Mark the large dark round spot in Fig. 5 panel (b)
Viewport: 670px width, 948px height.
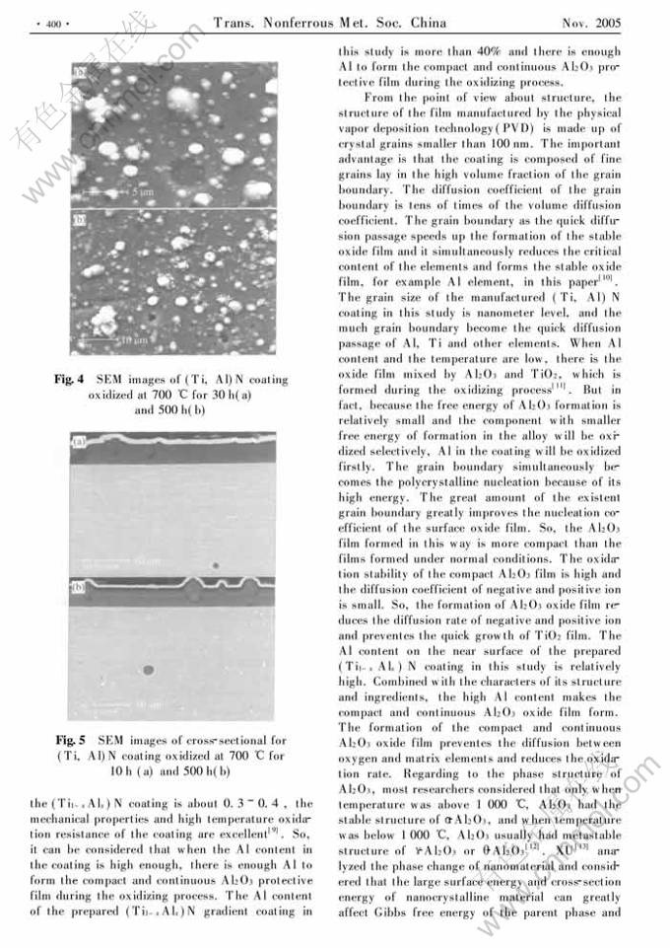pyautogui.click(x=148, y=670)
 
